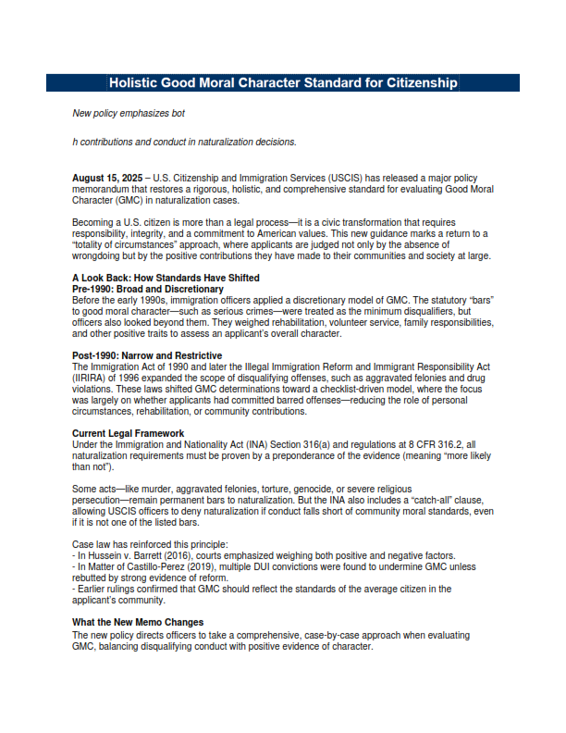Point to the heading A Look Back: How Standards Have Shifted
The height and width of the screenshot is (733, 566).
(x=166, y=278)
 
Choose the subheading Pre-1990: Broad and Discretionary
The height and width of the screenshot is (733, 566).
(x=148, y=289)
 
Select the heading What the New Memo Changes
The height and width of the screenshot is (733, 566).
(x=137, y=621)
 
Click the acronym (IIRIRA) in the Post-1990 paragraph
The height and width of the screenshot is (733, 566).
(x=90, y=377)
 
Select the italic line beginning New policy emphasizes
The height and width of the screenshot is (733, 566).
(x=129, y=114)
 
